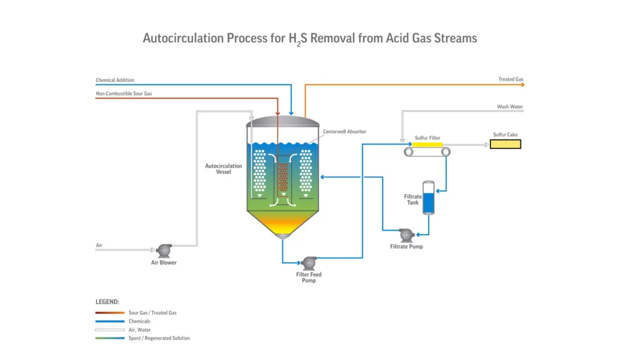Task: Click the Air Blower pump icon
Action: (x=163, y=249)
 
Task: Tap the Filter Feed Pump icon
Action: (x=309, y=263)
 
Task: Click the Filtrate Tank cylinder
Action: (x=429, y=198)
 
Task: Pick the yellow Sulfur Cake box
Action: (x=505, y=144)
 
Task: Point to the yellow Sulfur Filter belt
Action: (x=427, y=145)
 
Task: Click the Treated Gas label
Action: (x=510, y=79)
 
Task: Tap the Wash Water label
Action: (x=510, y=107)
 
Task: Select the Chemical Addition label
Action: (x=115, y=80)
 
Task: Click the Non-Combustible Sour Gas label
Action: (x=124, y=94)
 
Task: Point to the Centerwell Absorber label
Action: (x=345, y=131)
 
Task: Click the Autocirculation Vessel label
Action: (x=223, y=169)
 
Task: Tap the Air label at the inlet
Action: (x=99, y=245)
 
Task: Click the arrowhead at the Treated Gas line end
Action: (x=521, y=85)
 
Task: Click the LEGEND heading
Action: (x=107, y=301)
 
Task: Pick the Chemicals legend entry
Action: (x=139, y=321)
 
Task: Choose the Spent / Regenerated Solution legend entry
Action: (x=159, y=338)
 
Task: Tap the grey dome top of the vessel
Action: (x=283, y=121)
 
